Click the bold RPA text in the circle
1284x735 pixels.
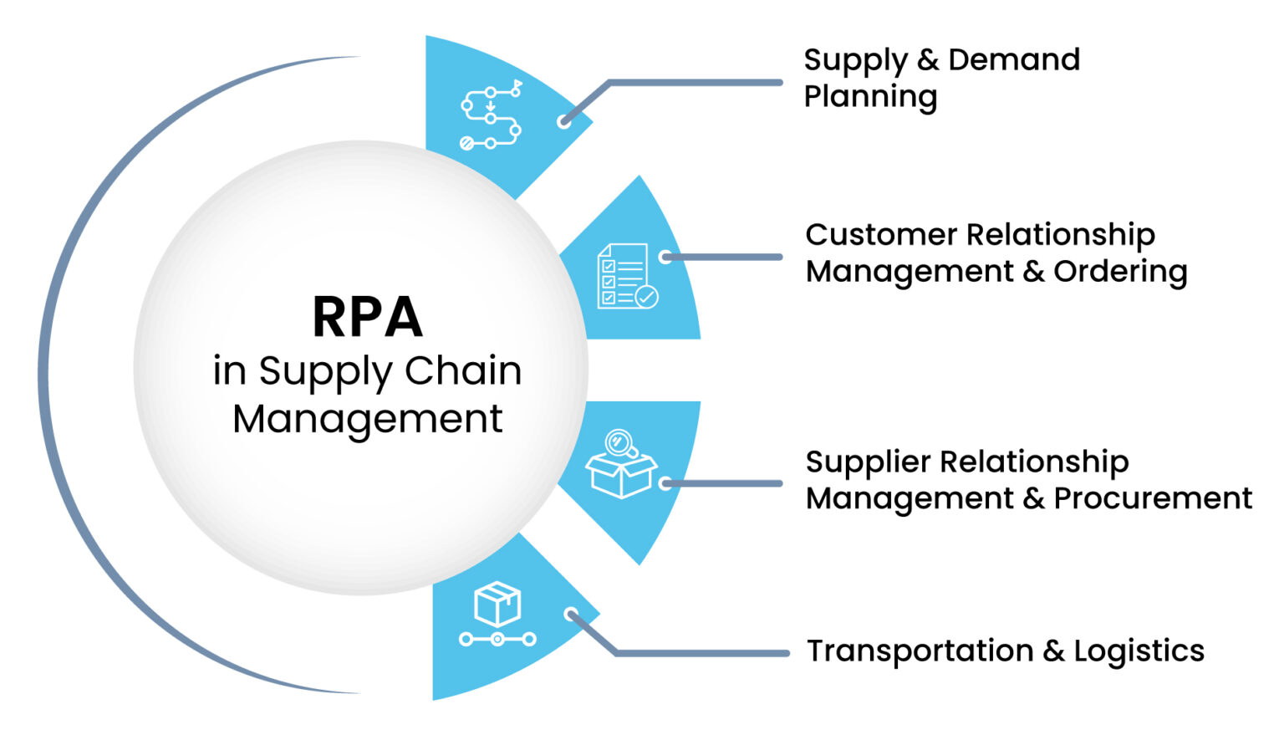367,317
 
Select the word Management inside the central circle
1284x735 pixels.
367,418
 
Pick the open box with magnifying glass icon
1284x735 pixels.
621,464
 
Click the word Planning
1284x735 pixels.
870,97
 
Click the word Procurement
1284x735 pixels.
1153,498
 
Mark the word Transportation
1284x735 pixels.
920,651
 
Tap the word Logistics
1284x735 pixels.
1139,651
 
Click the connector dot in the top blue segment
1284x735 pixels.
564,121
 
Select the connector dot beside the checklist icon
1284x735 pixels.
665,257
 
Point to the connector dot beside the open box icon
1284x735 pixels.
665,483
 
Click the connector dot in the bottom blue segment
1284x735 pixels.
571,615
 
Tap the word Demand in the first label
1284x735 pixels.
1014,60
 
